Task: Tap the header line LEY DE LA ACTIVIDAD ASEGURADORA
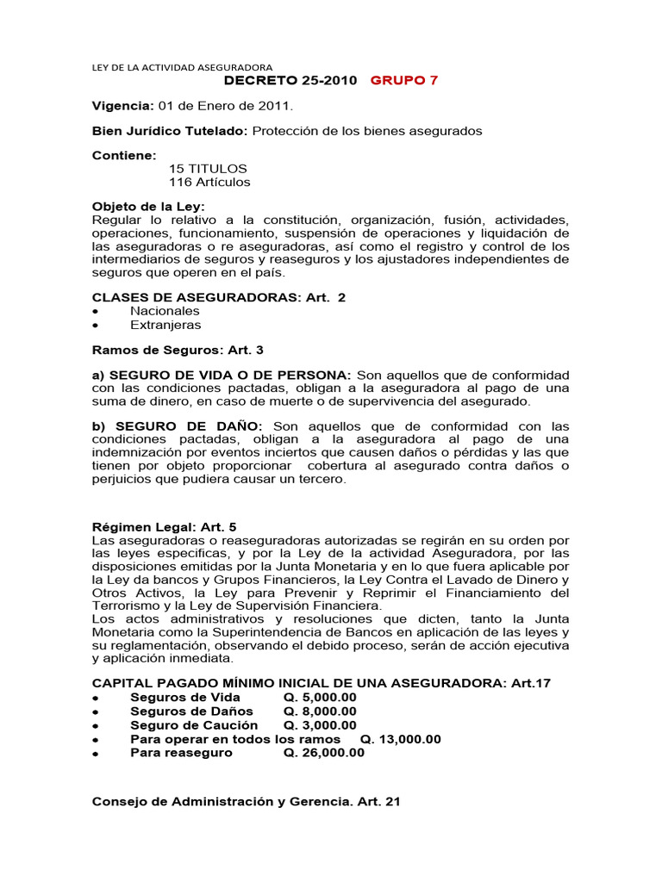point(182,66)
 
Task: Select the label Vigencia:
point(122,106)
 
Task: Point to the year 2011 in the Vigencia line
point(275,106)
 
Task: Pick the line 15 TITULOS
point(208,168)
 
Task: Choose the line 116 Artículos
point(209,182)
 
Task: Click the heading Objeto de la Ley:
point(148,207)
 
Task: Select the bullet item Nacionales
point(165,310)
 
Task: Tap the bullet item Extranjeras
point(165,325)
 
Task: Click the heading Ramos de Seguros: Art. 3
point(165,351)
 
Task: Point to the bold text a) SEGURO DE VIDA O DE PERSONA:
point(222,376)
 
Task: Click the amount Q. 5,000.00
point(319,697)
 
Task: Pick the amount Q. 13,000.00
point(400,738)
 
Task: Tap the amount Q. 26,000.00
point(323,752)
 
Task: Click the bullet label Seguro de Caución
point(194,724)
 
